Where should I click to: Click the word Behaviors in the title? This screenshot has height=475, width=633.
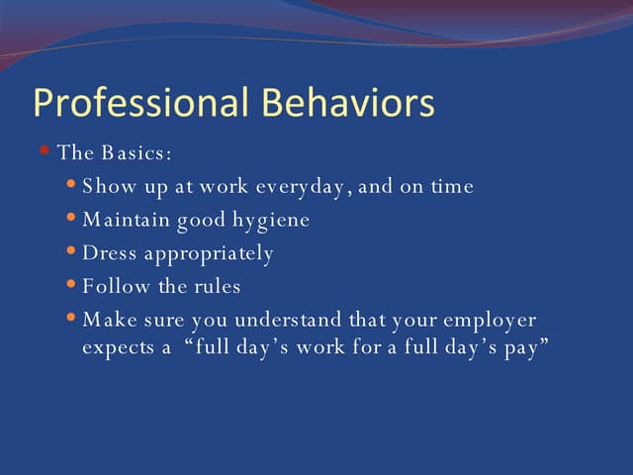[x=347, y=104]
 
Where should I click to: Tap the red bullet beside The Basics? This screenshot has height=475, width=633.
[x=45, y=150]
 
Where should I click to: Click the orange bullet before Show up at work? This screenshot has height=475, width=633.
[x=70, y=184]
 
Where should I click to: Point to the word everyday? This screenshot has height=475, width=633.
[x=303, y=187]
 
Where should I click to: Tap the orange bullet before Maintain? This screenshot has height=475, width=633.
[x=70, y=218]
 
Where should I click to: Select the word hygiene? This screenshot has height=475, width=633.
[x=271, y=221]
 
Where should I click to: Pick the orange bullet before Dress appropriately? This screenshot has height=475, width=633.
[x=70, y=251]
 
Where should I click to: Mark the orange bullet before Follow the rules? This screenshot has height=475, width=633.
[x=70, y=285]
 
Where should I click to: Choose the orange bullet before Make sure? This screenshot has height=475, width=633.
[x=70, y=318]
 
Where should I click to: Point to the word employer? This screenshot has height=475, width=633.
[x=492, y=322]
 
